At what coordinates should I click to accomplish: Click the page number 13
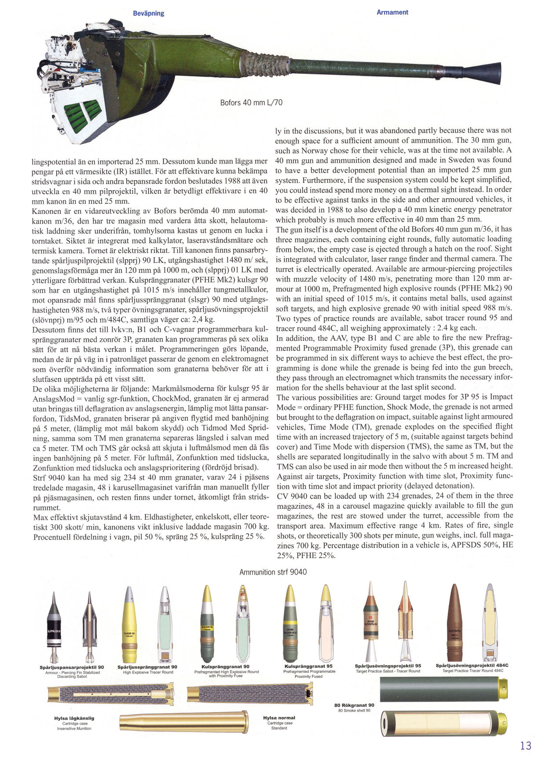click(525, 746)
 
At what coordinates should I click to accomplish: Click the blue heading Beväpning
click(148, 13)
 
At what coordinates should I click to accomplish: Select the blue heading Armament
click(392, 12)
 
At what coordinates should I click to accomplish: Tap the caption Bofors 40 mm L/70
click(251, 103)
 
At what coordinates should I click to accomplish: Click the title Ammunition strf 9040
click(273, 572)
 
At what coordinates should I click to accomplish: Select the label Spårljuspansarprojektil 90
click(72, 667)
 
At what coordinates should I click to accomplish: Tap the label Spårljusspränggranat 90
click(147, 667)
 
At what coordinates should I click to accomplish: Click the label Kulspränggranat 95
click(308, 666)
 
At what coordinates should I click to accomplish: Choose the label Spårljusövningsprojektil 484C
click(472, 665)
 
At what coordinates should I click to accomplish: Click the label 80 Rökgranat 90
click(354, 705)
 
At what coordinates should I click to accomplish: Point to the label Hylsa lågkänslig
click(74, 718)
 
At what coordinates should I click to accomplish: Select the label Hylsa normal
click(279, 718)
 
